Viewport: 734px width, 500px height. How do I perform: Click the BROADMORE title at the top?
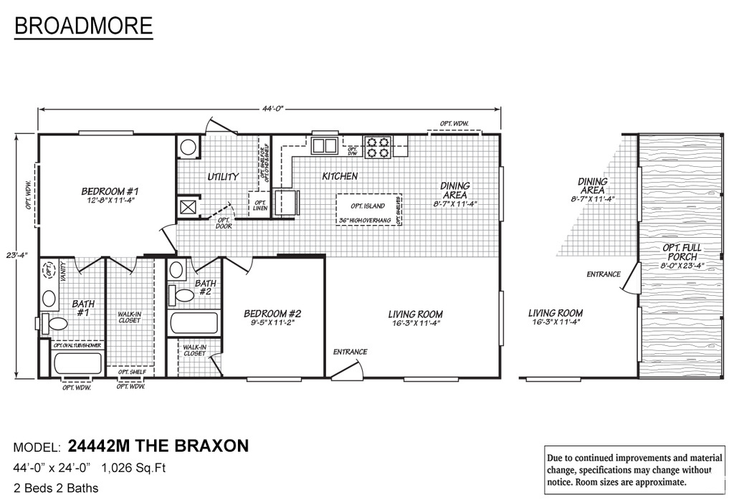[x=83, y=26]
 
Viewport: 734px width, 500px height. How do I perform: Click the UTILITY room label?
[x=223, y=176]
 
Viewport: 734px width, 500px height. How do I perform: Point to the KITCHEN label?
[x=340, y=176]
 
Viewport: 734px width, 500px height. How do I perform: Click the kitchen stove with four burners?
[x=378, y=147]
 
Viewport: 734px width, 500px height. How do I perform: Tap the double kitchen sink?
[x=325, y=145]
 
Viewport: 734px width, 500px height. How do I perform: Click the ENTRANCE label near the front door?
[x=350, y=352]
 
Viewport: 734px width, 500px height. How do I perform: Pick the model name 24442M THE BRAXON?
[x=158, y=446]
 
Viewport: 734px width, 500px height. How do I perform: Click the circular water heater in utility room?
[x=189, y=148]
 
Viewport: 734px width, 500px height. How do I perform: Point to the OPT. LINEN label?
[x=260, y=206]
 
